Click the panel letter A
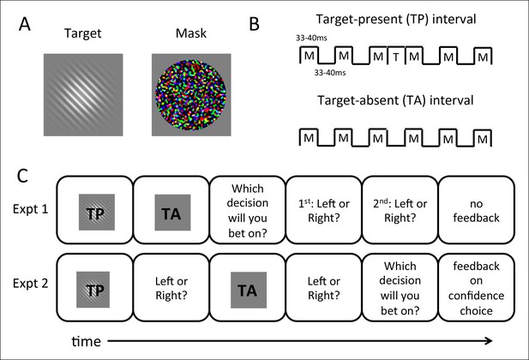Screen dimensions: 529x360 click(25, 25)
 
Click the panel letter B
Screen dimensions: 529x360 click(254, 24)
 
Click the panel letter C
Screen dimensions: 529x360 click(22, 176)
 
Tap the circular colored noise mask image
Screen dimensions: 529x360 click(191, 95)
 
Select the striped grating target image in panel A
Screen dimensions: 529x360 click(83, 95)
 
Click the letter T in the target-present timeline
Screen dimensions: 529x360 click(396, 57)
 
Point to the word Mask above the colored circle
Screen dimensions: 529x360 click(191, 33)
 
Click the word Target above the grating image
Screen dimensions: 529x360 click(82, 33)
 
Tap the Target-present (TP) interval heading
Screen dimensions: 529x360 click(396, 19)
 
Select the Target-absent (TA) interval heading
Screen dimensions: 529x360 click(395, 100)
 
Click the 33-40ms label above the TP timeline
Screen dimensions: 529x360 click(311, 38)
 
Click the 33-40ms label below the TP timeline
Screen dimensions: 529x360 click(330, 73)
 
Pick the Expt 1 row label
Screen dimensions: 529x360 click(30, 209)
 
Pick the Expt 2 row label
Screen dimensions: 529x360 click(30, 284)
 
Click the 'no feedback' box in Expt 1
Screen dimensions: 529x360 click(477, 209)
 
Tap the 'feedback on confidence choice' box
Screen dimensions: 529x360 click(477, 287)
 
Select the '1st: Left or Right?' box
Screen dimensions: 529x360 click(324, 209)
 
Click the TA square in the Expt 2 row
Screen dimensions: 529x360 click(249, 290)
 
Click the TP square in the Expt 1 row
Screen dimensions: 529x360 click(97, 213)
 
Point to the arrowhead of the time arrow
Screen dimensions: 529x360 click(490, 341)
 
